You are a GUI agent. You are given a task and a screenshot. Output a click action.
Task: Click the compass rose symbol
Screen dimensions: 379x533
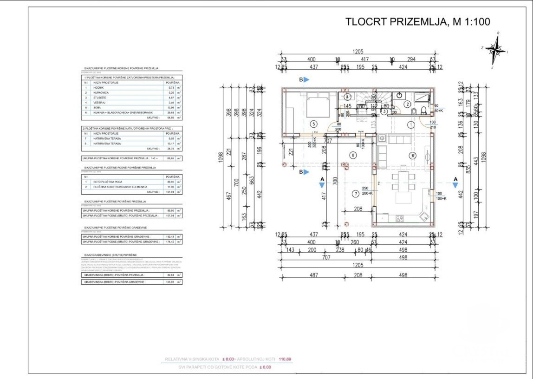496,49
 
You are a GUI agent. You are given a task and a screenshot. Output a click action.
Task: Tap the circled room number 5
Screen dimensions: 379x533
314,124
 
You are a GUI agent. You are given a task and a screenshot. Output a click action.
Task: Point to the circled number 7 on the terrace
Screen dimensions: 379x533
355,193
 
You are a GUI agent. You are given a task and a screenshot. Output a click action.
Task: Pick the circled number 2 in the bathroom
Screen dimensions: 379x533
407,104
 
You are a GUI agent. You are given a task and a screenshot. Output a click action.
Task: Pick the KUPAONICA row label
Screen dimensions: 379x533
103,92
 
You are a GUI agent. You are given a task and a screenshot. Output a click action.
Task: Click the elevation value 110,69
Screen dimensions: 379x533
285,359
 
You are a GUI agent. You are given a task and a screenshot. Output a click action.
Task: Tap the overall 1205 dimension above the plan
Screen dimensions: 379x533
357,52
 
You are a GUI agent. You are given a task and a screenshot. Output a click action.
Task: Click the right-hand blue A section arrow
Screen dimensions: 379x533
455,184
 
